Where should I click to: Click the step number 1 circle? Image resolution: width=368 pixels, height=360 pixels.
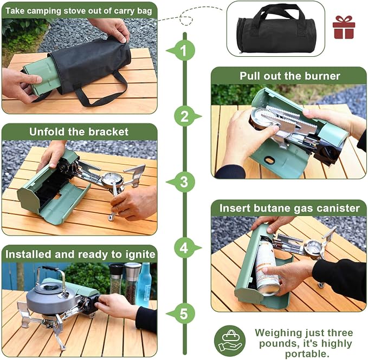pyautogui.click(x=185, y=51)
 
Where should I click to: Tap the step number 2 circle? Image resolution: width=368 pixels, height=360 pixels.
pyautogui.click(x=185, y=116)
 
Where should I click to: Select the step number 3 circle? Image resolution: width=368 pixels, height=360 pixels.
pyautogui.click(x=185, y=182)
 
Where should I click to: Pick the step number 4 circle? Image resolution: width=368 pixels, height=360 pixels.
pyautogui.click(x=185, y=248)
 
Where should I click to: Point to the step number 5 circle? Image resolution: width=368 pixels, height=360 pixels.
pyautogui.click(x=185, y=313)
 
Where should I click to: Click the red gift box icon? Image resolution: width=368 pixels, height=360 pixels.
pyautogui.click(x=344, y=27)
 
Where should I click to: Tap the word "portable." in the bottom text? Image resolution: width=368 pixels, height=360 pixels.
pyautogui.click(x=306, y=354)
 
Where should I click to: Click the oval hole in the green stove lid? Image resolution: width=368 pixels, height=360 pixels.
pyautogui.click(x=269, y=160)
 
